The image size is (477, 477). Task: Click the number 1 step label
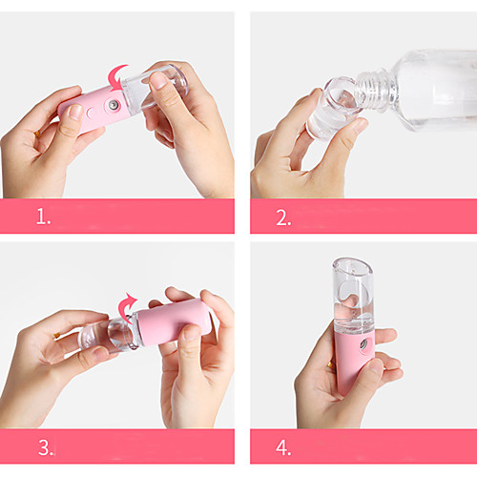[43, 217]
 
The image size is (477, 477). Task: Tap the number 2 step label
[283, 218]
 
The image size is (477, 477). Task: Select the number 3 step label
[47, 447]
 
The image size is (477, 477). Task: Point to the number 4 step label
[283, 447]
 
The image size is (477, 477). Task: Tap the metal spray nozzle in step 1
[113, 105]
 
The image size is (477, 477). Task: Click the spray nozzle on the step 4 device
[363, 344]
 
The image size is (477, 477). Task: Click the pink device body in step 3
[174, 321]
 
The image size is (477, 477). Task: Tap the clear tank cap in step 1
[155, 88]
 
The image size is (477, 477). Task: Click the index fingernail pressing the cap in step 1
[158, 80]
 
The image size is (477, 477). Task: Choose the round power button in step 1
[90, 113]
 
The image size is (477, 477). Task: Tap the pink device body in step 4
[354, 361]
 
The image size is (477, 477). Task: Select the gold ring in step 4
[331, 365]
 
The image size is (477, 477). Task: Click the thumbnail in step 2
[361, 125]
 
